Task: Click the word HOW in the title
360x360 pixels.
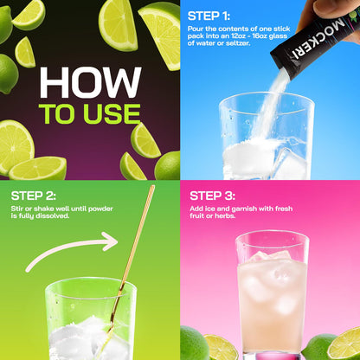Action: [x=90, y=82]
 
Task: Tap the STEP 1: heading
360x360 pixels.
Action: [x=209, y=16]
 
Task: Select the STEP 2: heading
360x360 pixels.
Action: [x=34, y=196]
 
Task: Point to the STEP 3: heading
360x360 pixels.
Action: [x=212, y=196]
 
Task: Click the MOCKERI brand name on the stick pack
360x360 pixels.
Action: [x=318, y=39]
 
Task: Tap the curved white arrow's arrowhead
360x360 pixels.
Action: [x=111, y=241]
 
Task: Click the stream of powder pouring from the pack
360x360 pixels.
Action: [x=270, y=106]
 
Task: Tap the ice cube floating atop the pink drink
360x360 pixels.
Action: [x=271, y=256]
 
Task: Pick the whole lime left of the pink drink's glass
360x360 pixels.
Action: [x=194, y=344]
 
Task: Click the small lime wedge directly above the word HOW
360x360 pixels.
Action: [x=26, y=53]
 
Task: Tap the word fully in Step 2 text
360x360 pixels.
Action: [x=26, y=215]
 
